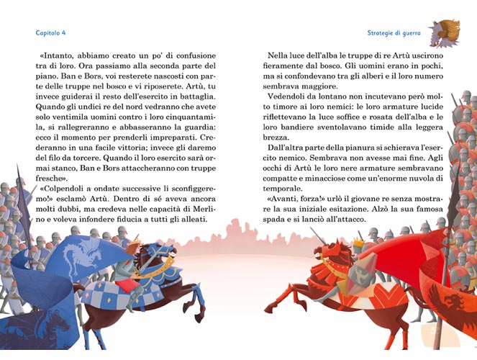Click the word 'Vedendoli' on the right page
coord(286,95)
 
